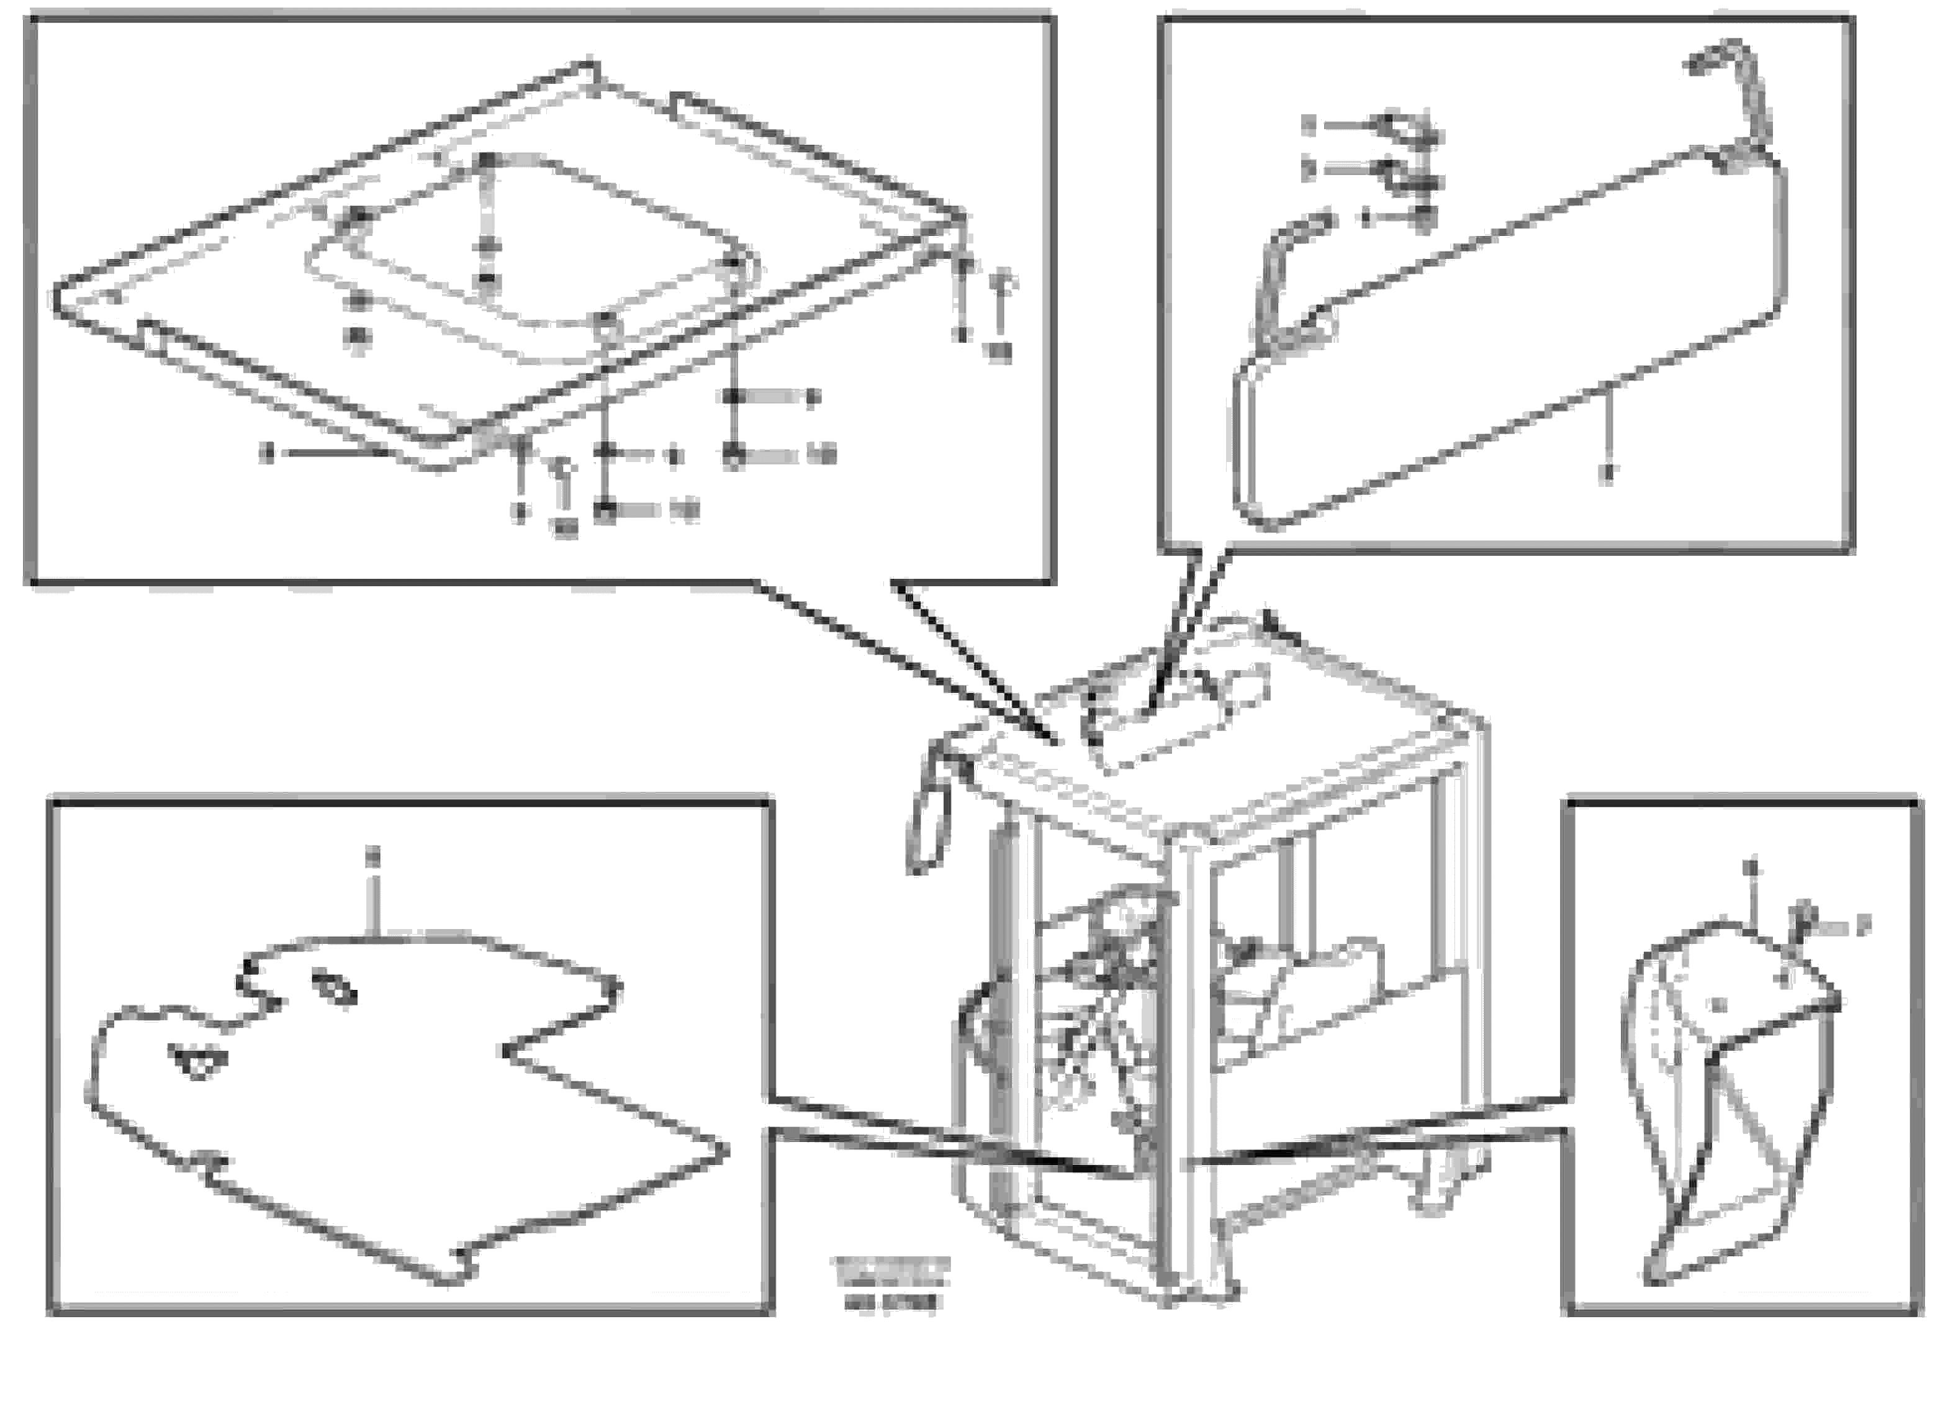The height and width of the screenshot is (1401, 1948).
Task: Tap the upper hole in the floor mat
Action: (335, 988)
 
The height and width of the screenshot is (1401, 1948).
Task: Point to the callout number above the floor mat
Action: (372, 855)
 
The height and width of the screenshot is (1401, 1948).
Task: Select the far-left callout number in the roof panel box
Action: (269, 453)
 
